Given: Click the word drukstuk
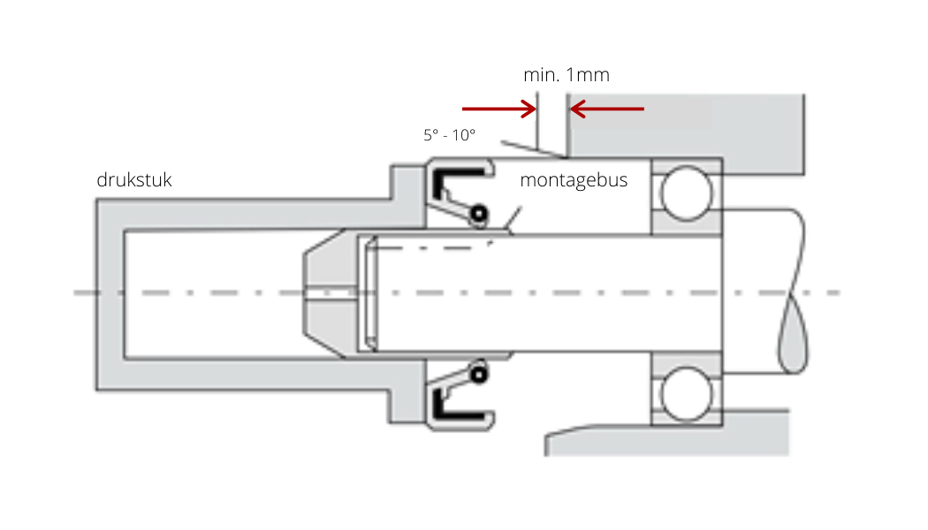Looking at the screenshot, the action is [x=133, y=180].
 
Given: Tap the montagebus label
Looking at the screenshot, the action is [x=574, y=180].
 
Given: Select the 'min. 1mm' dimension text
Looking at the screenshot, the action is [x=567, y=75].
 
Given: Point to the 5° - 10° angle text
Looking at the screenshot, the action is [x=449, y=135].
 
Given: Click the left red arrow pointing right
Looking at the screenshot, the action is [x=499, y=109].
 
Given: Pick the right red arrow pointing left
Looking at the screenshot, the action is [x=606, y=109].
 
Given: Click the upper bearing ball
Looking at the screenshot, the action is [x=687, y=193].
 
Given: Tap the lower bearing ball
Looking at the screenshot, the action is [x=687, y=393].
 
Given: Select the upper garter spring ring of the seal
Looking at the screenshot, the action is [x=479, y=214].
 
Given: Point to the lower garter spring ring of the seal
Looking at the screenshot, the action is [x=479, y=374].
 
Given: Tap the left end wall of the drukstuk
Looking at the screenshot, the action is [x=110, y=294].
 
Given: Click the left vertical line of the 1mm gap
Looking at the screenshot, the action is [x=537, y=121].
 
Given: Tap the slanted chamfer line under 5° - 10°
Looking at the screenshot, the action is [x=534, y=149].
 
